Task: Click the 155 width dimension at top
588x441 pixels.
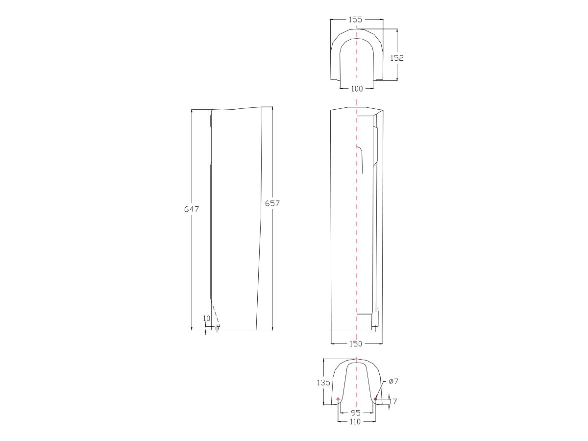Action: pos(356,20)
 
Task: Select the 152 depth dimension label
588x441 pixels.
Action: pos(396,58)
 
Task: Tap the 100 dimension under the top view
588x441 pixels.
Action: pos(357,89)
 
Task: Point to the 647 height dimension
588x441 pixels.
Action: pos(192,209)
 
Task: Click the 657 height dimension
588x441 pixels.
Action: pos(272,203)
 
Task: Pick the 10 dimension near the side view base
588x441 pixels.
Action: pos(206,318)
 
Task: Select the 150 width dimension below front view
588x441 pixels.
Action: pos(356,343)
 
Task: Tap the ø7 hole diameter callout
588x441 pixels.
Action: pos(393,381)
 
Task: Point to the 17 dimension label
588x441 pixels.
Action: pos(393,402)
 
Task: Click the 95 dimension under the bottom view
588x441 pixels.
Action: pos(356,413)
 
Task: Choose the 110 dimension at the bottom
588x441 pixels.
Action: pos(356,421)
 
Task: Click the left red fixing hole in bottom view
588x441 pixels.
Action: pos(338,399)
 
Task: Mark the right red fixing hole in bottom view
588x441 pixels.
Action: pos(375,399)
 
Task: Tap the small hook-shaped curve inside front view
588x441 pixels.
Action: pos(360,157)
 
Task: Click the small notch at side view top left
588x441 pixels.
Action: pos(211,120)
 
